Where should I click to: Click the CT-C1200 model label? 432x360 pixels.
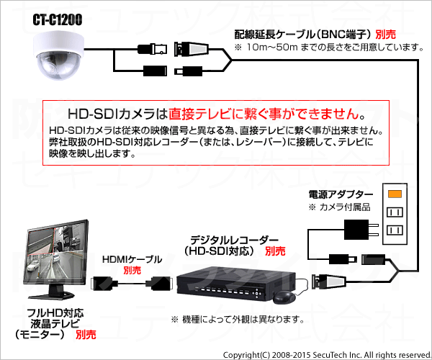(x=58, y=19)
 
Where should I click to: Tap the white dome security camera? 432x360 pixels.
(x=58, y=55)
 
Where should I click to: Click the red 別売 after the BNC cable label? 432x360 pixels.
(x=385, y=35)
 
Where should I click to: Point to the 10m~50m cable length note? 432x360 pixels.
(x=329, y=48)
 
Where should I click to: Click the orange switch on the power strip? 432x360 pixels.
(x=395, y=194)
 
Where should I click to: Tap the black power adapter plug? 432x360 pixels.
(x=361, y=230)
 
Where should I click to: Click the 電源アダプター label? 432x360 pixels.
(x=341, y=194)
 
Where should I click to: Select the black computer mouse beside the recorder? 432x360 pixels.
(x=284, y=297)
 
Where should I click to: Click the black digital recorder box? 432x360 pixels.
(x=236, y=284)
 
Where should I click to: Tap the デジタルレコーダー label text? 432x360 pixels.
(x=234, y=240)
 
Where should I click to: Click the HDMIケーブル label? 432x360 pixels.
(x=132, y=259)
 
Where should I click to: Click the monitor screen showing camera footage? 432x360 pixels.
(x=56, y=253)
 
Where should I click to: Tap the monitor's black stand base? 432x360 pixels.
(x=52, y=295)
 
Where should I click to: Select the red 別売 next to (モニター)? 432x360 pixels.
(x=86, y=335)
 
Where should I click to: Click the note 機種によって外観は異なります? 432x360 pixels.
(x=238, y=320)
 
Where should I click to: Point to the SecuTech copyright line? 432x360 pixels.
(x=326, y=355)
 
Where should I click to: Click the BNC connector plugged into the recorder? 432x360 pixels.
(x=329, y=282)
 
